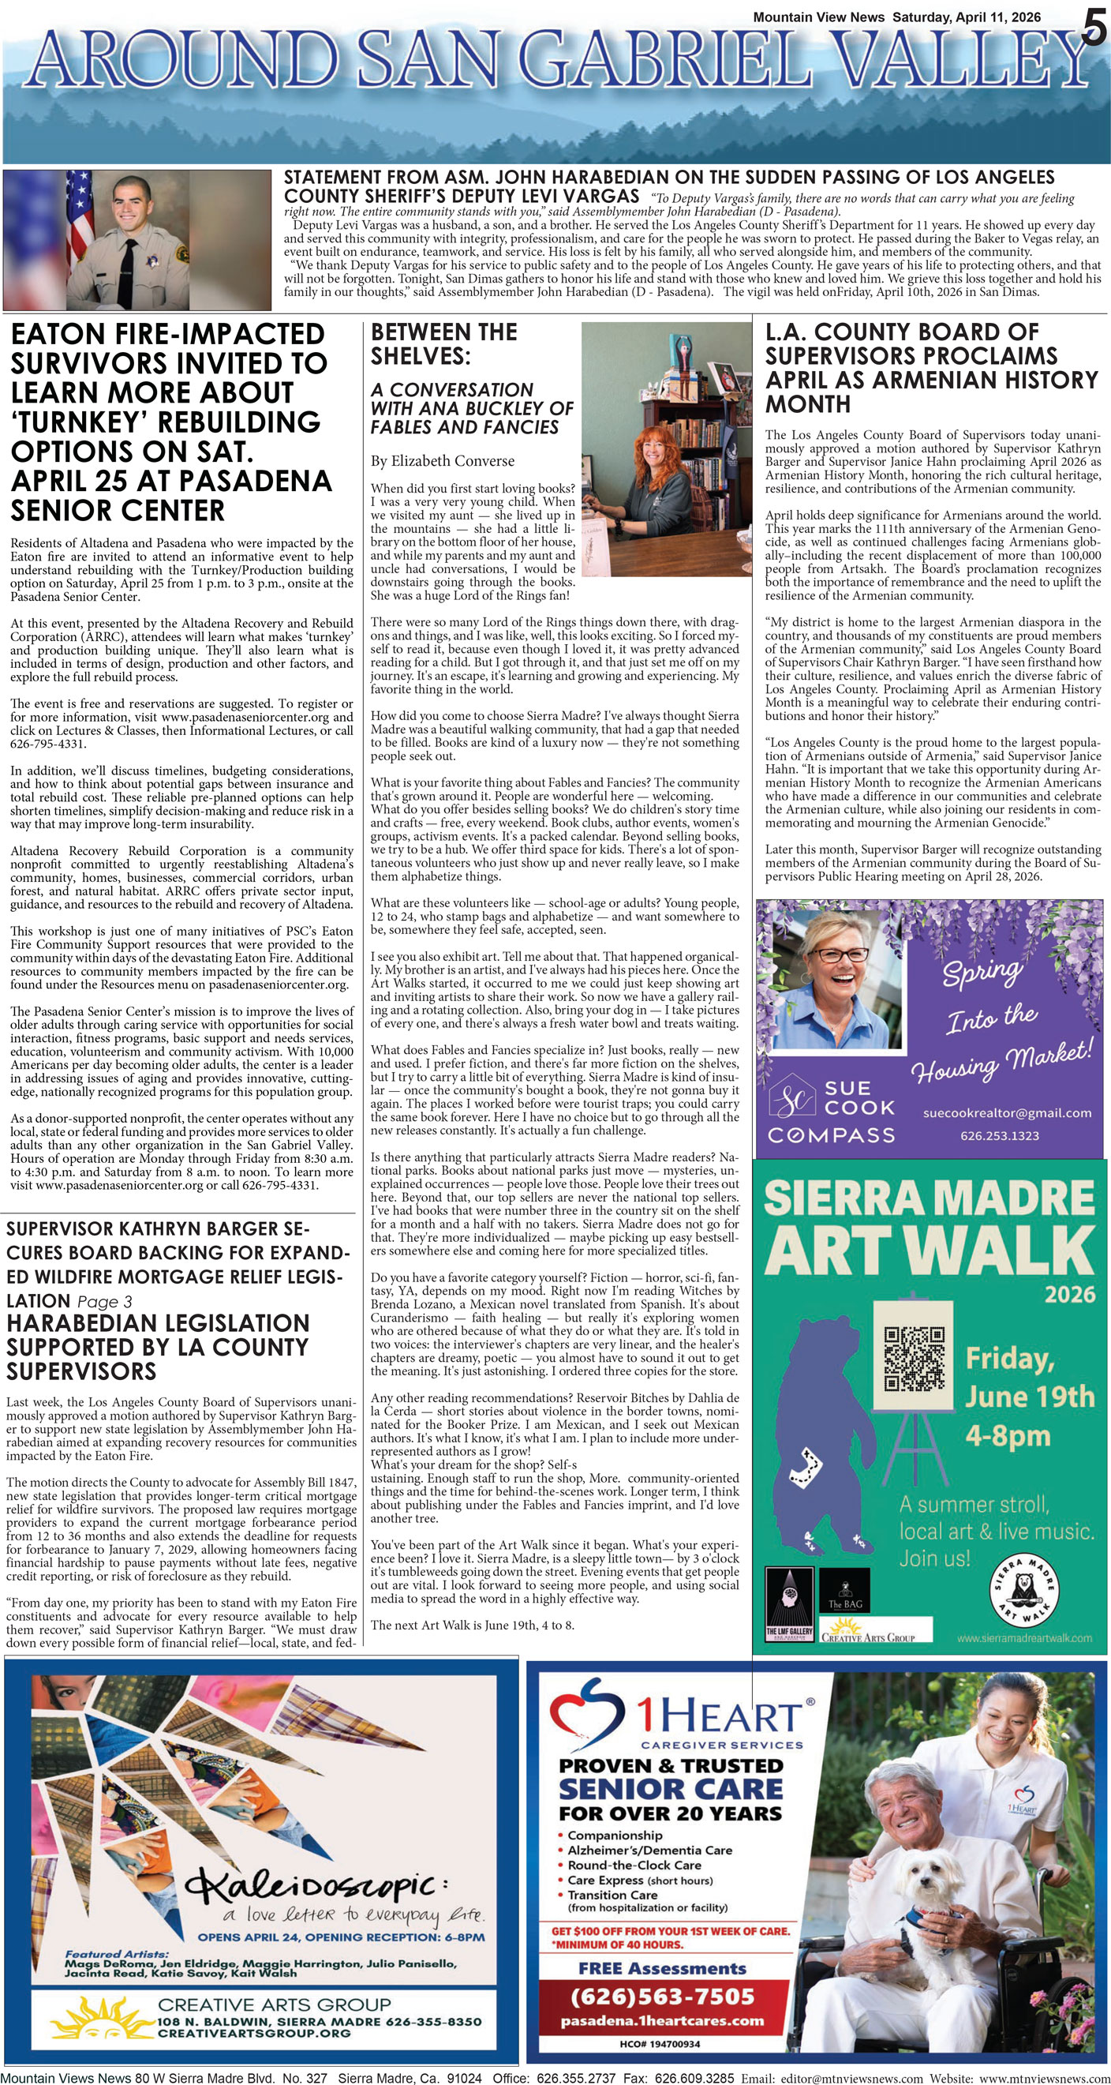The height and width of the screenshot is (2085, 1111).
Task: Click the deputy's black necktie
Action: point(128,271)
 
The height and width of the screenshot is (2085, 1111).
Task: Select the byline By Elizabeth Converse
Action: point(442,461)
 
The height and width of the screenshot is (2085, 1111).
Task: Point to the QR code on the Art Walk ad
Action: point(914,1357)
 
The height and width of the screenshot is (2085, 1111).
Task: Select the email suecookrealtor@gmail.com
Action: point(1007,1113)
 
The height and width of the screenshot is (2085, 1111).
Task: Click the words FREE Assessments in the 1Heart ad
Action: point(662,1967)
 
